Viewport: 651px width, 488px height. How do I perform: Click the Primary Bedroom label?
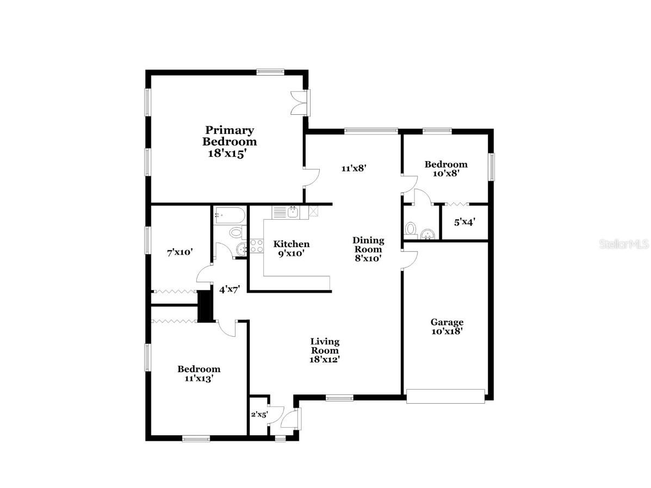230,141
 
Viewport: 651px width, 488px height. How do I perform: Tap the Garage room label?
447,326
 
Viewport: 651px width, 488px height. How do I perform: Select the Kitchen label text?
291,248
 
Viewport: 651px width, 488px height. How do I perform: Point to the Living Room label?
325,350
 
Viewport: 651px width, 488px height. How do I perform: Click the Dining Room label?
368,249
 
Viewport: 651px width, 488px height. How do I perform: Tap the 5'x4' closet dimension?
464,222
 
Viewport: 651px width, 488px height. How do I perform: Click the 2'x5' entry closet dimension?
259,415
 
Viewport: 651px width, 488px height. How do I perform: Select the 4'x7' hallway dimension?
230,289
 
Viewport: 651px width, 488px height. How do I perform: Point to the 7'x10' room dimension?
179,252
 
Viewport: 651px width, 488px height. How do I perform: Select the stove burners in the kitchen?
256,246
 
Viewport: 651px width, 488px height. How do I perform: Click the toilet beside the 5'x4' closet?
411,228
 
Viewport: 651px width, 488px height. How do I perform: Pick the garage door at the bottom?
445,396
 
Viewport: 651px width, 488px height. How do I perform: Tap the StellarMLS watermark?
624,243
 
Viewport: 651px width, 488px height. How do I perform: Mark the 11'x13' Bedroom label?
199,373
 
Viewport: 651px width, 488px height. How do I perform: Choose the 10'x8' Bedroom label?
445,169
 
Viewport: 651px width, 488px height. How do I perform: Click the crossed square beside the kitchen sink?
313,212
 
